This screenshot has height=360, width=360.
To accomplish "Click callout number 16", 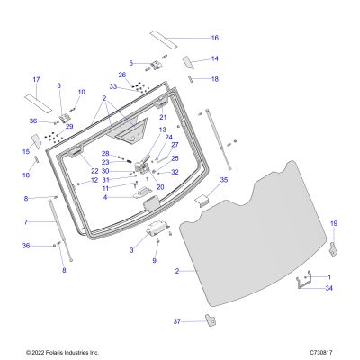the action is coord(215,38).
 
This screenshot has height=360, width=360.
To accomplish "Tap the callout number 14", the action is coord(215,58).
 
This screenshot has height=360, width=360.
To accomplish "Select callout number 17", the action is coord(36,80).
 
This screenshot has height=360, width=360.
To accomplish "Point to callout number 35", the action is coord(224,180).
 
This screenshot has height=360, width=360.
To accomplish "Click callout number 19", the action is coord(334,223).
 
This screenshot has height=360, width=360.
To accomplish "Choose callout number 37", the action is coord(177,321).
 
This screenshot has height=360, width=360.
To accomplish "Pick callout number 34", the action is coord(329,288).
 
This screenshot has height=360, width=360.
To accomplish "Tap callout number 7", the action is coord(26,222).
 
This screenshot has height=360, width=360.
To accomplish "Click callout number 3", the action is coord(131,250).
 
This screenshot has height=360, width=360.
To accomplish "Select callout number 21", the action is coord(163,117).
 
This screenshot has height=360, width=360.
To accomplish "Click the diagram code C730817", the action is coord(321,353).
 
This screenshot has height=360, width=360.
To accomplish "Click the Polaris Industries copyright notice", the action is coord(62,353).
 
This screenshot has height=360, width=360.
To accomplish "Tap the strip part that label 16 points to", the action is coord(164,40).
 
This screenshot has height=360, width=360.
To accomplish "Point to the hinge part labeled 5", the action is coord(156,65).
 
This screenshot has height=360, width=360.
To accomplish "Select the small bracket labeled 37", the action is coord(211,319).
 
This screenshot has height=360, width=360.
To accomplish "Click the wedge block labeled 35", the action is coord(202,200).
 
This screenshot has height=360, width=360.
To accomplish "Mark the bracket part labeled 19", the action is coord(334,249).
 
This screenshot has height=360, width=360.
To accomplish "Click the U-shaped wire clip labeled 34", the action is coord(303,282).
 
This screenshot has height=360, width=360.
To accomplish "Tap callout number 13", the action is coord(163,130).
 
